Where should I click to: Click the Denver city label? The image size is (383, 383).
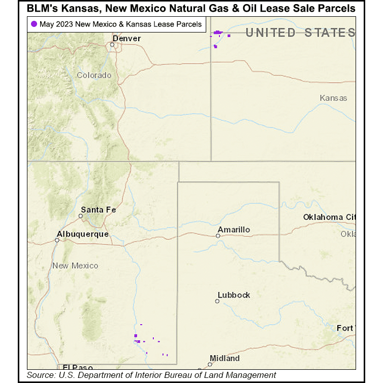(x=126, y=39)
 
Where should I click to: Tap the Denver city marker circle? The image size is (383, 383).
(x=112, y=45)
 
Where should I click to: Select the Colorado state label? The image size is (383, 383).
(x=94, y=75)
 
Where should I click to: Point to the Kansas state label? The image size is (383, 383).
(x=334, y=98)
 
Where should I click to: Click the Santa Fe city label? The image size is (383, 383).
(x=99, y=210)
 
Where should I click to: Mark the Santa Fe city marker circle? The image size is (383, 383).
(x=80, y=216)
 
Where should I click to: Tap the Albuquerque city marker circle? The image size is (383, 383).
(x=57, y=240)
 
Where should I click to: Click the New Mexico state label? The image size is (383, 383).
(x=75, y=266)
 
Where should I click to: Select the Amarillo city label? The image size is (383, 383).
(x=233, y=230)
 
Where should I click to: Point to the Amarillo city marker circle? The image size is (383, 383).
(x=218, y=236)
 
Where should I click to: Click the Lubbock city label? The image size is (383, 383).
(x=234, y=295)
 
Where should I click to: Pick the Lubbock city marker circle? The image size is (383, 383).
(x=217, y=301)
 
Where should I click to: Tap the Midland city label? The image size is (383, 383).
(x=224, y=359)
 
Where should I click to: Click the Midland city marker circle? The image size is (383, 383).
(x=209, y=364)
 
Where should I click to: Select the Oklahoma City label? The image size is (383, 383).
(x=329, y=217)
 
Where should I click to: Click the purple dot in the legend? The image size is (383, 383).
(x=34, y=24)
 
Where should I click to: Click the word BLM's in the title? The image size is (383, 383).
(x=45, y=9)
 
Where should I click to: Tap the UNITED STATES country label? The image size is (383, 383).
(x=300, y=33)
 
